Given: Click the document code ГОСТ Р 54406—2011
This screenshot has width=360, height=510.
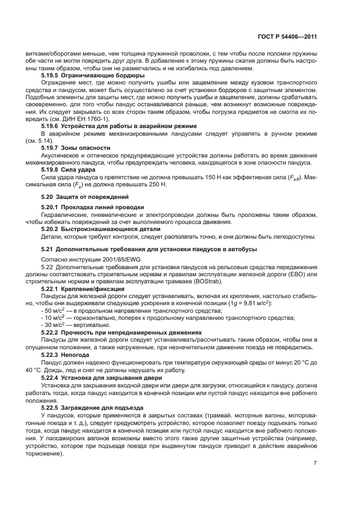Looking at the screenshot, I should click(x=287, y=37).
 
